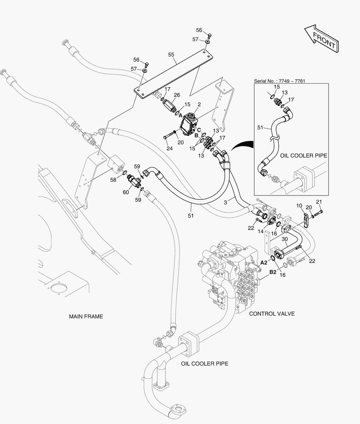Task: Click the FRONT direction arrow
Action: pos(321,38)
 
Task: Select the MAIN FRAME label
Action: pos(86,316)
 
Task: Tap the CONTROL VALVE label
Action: pos(272,314)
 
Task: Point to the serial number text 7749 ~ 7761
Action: pos(279,81)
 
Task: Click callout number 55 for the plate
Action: pos(171,55)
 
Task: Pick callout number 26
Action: pos(177,95)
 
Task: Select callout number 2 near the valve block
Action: pos(199,104)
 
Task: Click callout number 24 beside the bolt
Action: pos(169,148)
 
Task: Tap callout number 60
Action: pos(126,192)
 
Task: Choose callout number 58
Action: pos(113,179)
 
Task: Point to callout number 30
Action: pos(285,238)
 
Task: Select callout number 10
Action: pos(299,205)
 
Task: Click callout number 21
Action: pos(319,202)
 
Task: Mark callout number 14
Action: pos(260,232)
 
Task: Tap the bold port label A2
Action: pos(264,262)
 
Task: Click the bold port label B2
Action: pos(272,271)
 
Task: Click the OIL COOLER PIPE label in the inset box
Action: pos(304,155)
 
